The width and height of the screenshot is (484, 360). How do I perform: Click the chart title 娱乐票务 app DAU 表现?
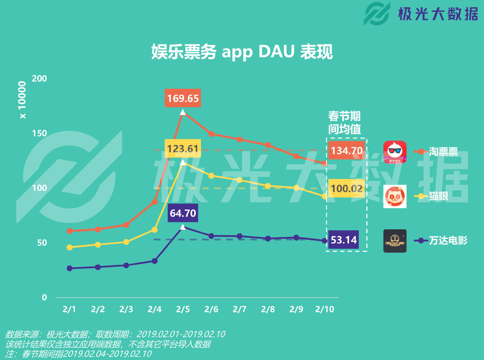(242, 52)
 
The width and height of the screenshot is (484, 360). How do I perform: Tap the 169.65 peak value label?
(183, 98)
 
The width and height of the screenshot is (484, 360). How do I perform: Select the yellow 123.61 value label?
(183, 148)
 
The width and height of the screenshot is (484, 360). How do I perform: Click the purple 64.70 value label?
(183, 213)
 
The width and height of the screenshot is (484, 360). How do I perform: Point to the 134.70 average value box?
(346, 150)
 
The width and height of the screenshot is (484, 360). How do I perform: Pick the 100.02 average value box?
(346, 188)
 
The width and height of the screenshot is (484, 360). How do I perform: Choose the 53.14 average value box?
(343, 240)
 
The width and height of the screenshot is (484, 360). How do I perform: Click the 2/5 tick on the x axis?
(183, 309)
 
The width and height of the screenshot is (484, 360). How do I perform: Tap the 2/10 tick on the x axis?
(325, 309)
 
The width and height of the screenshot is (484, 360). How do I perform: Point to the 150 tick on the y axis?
(39, 133)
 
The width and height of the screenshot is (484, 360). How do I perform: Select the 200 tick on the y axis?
(39, 79)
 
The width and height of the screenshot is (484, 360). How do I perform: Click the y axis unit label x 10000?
(22, 100)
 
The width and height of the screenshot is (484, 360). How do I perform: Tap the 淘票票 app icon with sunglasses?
(395, 152)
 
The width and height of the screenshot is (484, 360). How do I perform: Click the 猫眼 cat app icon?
(395, 196)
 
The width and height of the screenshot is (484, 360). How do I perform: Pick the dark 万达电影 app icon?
(395, 241)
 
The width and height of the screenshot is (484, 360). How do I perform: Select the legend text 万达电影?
(448, 240)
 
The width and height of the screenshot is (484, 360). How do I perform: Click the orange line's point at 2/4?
(155, 202)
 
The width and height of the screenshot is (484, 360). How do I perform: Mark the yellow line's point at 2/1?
(70, 247)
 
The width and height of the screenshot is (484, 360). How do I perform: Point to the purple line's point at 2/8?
(268, 239)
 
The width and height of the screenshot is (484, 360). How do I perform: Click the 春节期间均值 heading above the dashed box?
(344, 123)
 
